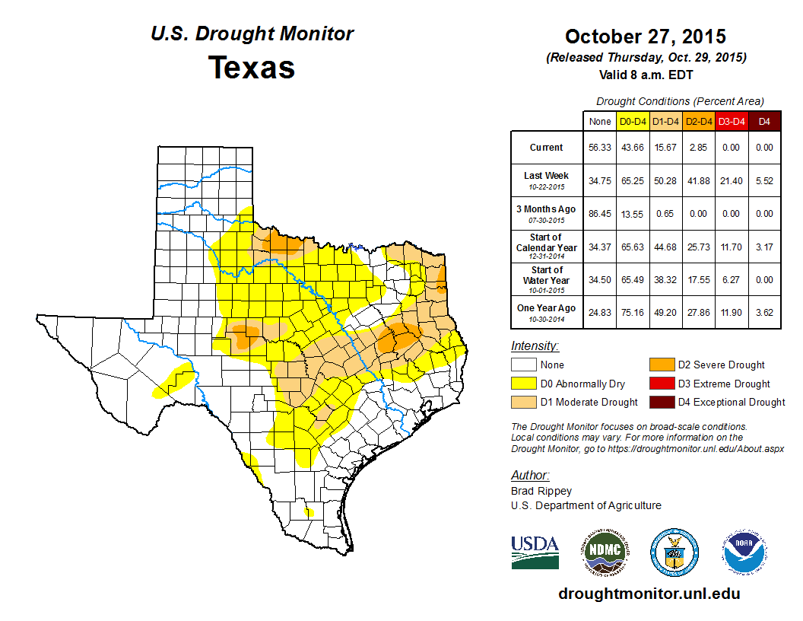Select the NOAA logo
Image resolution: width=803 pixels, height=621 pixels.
745,552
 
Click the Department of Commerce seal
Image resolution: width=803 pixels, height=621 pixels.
674,552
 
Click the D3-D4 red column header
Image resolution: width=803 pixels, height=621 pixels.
731,121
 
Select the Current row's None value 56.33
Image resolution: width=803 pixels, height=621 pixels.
600,148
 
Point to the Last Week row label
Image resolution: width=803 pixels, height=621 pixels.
546,176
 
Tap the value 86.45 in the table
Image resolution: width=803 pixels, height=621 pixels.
600,215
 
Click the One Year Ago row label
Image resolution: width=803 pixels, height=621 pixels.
546,307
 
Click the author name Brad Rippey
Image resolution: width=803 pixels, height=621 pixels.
541,491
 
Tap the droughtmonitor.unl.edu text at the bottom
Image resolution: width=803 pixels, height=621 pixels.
649,594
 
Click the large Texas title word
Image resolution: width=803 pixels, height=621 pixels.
252,67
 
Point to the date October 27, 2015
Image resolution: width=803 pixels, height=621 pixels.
646,37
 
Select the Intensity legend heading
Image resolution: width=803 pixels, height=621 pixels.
535,346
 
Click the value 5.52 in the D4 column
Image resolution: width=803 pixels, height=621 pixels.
765,181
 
